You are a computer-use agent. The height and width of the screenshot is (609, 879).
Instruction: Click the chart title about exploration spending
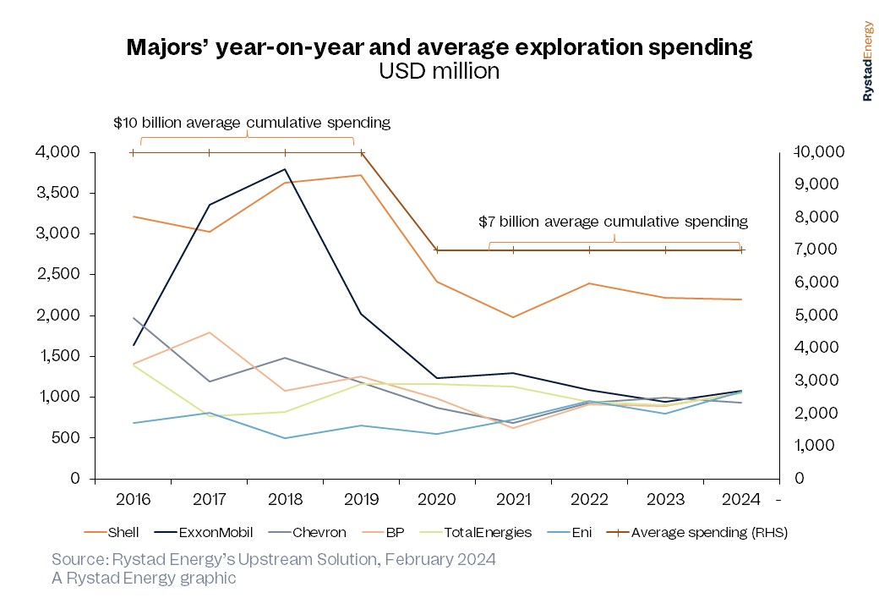pyautogui.click(x=439, y=47)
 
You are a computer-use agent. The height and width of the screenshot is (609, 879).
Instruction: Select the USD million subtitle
pyautogui.click(x=439, y=72)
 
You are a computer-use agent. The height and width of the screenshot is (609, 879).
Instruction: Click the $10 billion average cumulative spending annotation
pyautogui.click(x=252, y=123)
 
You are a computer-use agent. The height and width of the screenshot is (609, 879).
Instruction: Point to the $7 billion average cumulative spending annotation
pyautogui.click(x=613, y=222)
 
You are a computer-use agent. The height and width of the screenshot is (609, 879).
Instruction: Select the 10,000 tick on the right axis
pyautogui.click(x=822, y=152)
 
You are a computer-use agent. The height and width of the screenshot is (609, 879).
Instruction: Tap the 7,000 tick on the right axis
pyautogui.click(x=816, y=250)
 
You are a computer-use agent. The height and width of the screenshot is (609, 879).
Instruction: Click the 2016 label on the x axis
pyautogui.click(x=133, y=499)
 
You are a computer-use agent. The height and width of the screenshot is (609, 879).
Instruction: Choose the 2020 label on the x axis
pyautogui.click(x=438, y=499)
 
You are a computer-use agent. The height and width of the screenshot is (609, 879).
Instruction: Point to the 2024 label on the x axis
pyautogui.click(x=741, y=499)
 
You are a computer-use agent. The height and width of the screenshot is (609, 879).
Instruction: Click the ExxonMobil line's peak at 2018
pyautogui.click(x=286, y=169)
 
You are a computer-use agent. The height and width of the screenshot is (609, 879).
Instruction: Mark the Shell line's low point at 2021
pyautogui.click(x=513, y=317)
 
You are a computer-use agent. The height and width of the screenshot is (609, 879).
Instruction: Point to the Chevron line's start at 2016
pyautogui.click(x=134, y=318)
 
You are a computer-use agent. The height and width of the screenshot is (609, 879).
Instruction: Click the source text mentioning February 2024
pyautogui.click(x=273, y=560)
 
